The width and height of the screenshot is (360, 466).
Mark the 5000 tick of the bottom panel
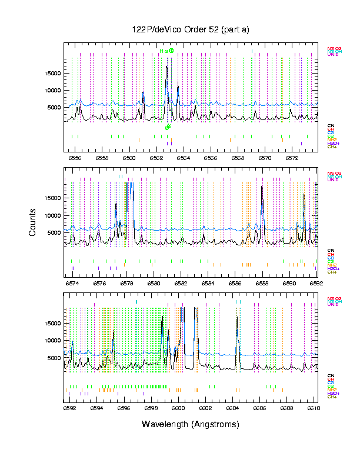click(54, 358)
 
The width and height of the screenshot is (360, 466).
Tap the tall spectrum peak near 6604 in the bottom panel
click(237, 318)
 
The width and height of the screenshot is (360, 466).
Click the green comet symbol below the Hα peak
click(168, 127)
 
